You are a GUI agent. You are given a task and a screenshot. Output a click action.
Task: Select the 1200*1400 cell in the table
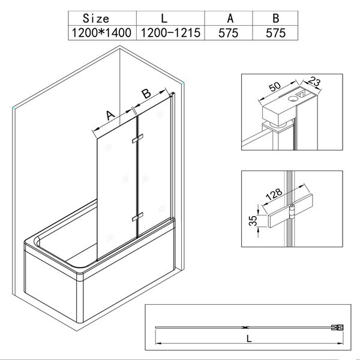[101, 32]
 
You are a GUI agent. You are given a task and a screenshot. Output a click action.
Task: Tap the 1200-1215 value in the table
[170, 32]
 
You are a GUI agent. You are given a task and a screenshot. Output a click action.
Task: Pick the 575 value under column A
[228, 33]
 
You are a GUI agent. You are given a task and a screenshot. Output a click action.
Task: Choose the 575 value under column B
[275, 33]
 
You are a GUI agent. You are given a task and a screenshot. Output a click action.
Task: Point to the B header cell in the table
[276, 19]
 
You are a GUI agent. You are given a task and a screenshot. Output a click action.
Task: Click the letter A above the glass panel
[110, 115]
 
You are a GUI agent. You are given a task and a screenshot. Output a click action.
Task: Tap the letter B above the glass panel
[146, 94]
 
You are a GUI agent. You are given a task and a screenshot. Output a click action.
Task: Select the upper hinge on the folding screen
[137, 139]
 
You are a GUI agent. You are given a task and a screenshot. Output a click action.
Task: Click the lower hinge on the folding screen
[137, 217]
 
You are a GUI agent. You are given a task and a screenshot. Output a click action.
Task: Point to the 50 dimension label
[275, 86]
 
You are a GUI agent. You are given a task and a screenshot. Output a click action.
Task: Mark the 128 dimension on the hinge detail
[274, 194]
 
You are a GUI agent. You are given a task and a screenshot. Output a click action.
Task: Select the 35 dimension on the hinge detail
[253, 221]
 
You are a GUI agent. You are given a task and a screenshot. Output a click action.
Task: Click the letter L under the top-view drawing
[249, 338]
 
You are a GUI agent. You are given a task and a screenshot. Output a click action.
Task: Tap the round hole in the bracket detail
[293, 99]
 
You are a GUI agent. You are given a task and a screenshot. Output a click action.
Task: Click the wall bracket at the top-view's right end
[337, 328]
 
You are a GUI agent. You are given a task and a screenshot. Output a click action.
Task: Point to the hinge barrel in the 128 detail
[292, 211]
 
